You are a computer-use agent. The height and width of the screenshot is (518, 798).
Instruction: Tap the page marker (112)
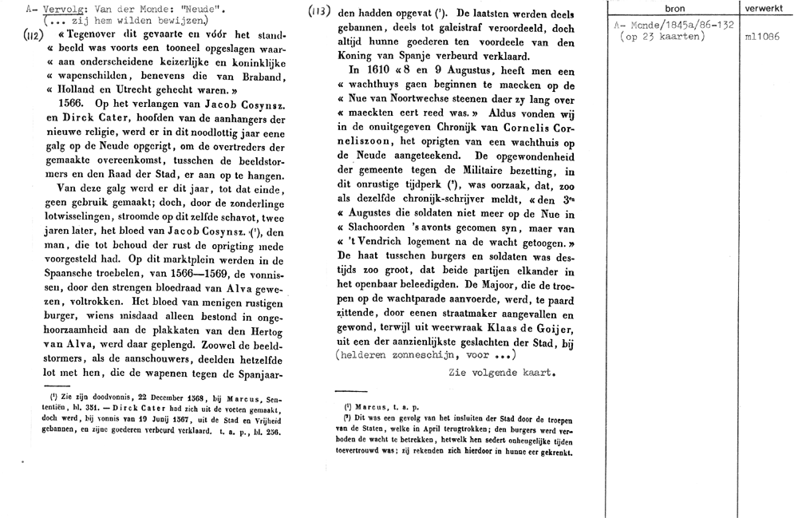33,36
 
